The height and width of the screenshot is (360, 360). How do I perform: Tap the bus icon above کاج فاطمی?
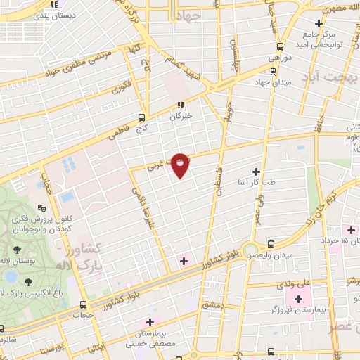tap(141, 117)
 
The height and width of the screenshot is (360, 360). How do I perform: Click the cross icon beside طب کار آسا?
tap(255, 172)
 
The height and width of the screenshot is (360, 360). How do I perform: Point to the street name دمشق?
tap(211, 305)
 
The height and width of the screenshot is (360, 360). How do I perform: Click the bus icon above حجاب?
tap(84, 304)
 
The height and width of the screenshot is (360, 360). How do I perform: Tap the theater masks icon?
tap(42, 208)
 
